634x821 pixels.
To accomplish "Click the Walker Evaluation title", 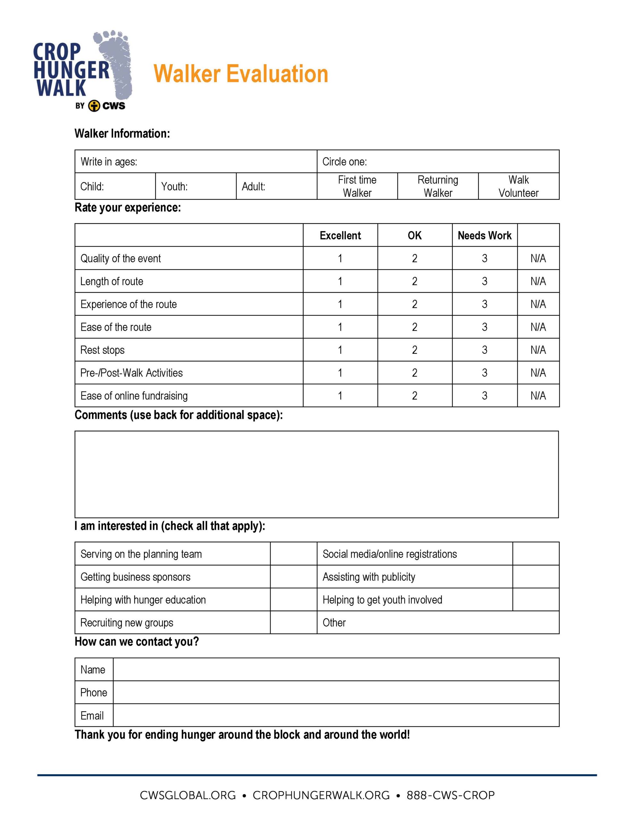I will coord(240,74).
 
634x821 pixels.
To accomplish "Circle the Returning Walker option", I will coord(438,186).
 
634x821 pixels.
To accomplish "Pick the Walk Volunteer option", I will coord(518,186).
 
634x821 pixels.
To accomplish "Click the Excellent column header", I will coord(340,236).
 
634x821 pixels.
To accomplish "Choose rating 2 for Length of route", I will coord(414,281).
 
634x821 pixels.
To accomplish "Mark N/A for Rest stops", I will coord(538,350).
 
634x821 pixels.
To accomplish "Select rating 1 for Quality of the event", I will coord(340,258).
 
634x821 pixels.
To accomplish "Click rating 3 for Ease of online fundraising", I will coord(484,395).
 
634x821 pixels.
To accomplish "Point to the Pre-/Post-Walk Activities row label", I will coord(131,373).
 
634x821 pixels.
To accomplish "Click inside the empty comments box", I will coord(316,474).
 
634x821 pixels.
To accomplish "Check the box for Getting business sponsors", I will coord(293,577).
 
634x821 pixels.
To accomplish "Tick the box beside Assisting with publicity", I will coord(536,577).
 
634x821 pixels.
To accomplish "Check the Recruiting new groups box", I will coord(293,622).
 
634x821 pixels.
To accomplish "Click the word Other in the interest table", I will coord(334,622).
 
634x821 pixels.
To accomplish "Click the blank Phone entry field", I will coord(336,692).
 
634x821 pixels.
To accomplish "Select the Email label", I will coord(92,715).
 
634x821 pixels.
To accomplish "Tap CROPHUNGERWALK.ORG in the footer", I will coord(321,795).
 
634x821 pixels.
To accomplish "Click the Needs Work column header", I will coord(484,236).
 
